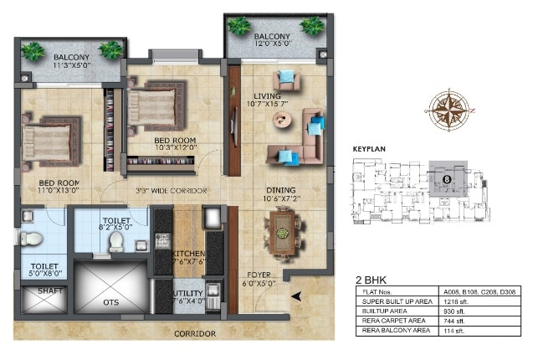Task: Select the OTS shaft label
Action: [111, 302]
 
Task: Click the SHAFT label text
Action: [40, 292]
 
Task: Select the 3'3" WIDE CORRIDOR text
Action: [172, 191]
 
